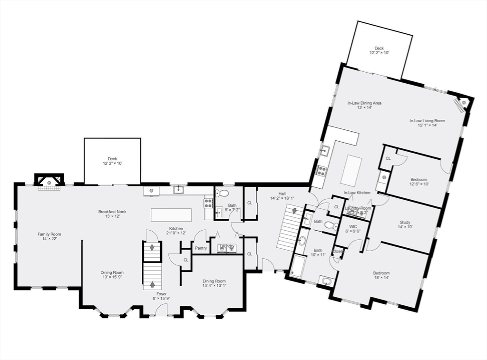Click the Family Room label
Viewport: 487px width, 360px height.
click(49, 234)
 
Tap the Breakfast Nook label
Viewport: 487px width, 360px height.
click(112, 212)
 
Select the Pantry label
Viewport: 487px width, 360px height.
click(200, 248)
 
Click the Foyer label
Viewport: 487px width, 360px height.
click(161, 294)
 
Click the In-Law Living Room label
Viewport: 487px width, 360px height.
click(427, 121)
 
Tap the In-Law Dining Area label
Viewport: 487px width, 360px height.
click(364, 103)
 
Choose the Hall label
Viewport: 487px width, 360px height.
click(282, 194)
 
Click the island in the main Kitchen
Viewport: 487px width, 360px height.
click(171, 215)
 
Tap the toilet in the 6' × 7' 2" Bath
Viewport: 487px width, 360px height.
click(222, 193)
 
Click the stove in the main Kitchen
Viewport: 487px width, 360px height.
click(208, 203)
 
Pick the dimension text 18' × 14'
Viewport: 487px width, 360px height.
click(381, 278)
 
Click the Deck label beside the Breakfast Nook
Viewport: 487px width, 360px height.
click(112, 159)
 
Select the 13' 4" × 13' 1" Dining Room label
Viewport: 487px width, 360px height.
click(214, 281)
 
